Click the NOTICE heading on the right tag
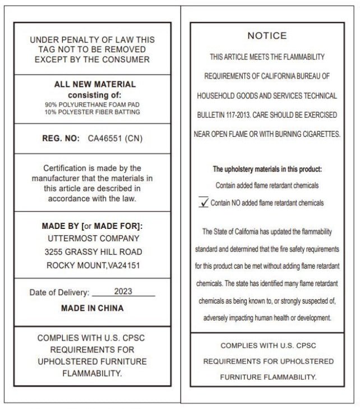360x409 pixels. coord(267,36)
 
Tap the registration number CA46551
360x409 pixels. coord(106,138)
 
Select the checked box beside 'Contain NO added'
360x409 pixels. coord(204,203)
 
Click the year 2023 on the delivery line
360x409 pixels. coord(123,292)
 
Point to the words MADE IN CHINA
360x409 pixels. coord(92,308)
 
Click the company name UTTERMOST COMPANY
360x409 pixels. coord(92,239)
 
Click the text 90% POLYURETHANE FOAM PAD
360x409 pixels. coord(93,104)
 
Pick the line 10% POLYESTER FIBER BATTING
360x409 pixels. coord(93,112)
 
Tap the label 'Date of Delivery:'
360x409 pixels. coord(59,292)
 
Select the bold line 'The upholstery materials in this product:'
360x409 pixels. coord(267,169)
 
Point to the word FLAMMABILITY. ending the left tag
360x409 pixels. coord(92,373)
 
